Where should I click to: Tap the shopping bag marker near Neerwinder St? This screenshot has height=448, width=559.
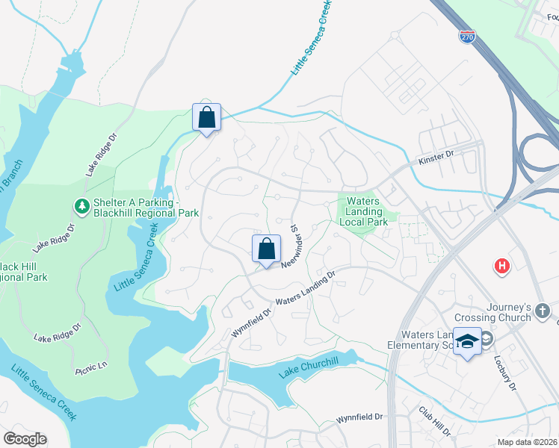[267, 249]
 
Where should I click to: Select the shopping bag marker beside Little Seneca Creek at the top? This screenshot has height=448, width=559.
[207, 117]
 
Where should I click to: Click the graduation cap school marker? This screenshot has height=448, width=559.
[467, 341]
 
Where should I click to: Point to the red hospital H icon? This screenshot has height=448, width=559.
[502, 265]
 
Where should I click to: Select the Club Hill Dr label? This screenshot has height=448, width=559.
[434, 421]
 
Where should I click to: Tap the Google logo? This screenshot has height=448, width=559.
[25, 439]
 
